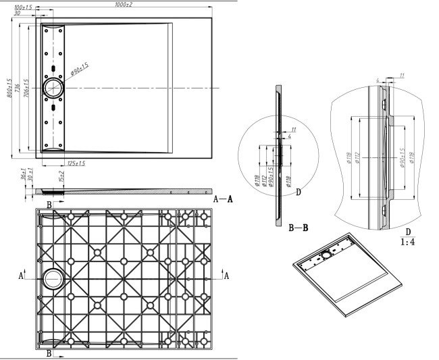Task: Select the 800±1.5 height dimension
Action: click(x=9, y=88)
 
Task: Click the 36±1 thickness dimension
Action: click(x=22, y=176)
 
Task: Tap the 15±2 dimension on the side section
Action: click(x=62, y=178)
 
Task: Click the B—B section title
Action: click(x=299, y=228)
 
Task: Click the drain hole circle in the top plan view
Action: click(x=53, y=87)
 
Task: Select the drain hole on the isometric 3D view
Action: click(x=328, y=255)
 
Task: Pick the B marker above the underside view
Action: click(x=48, y=203)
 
